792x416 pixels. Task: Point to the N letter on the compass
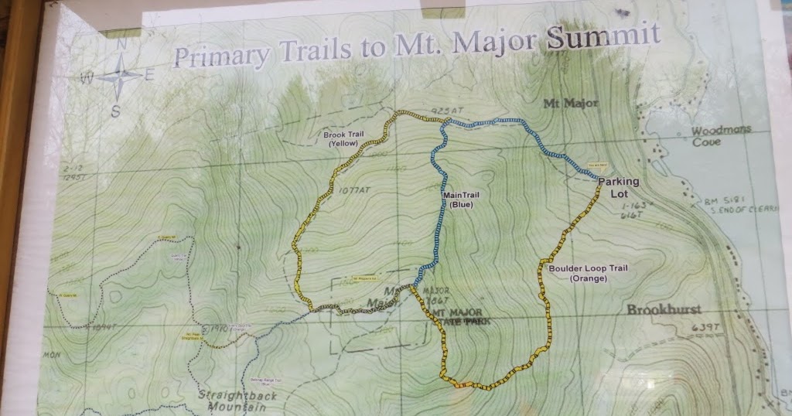coord(121,45)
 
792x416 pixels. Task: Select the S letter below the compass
coord(115,110)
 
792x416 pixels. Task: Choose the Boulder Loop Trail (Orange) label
coord(589,273)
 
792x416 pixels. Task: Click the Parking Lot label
coord(619,187)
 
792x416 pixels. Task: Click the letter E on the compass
coord(149,75)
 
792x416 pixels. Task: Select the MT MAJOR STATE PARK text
coord(462,316)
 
